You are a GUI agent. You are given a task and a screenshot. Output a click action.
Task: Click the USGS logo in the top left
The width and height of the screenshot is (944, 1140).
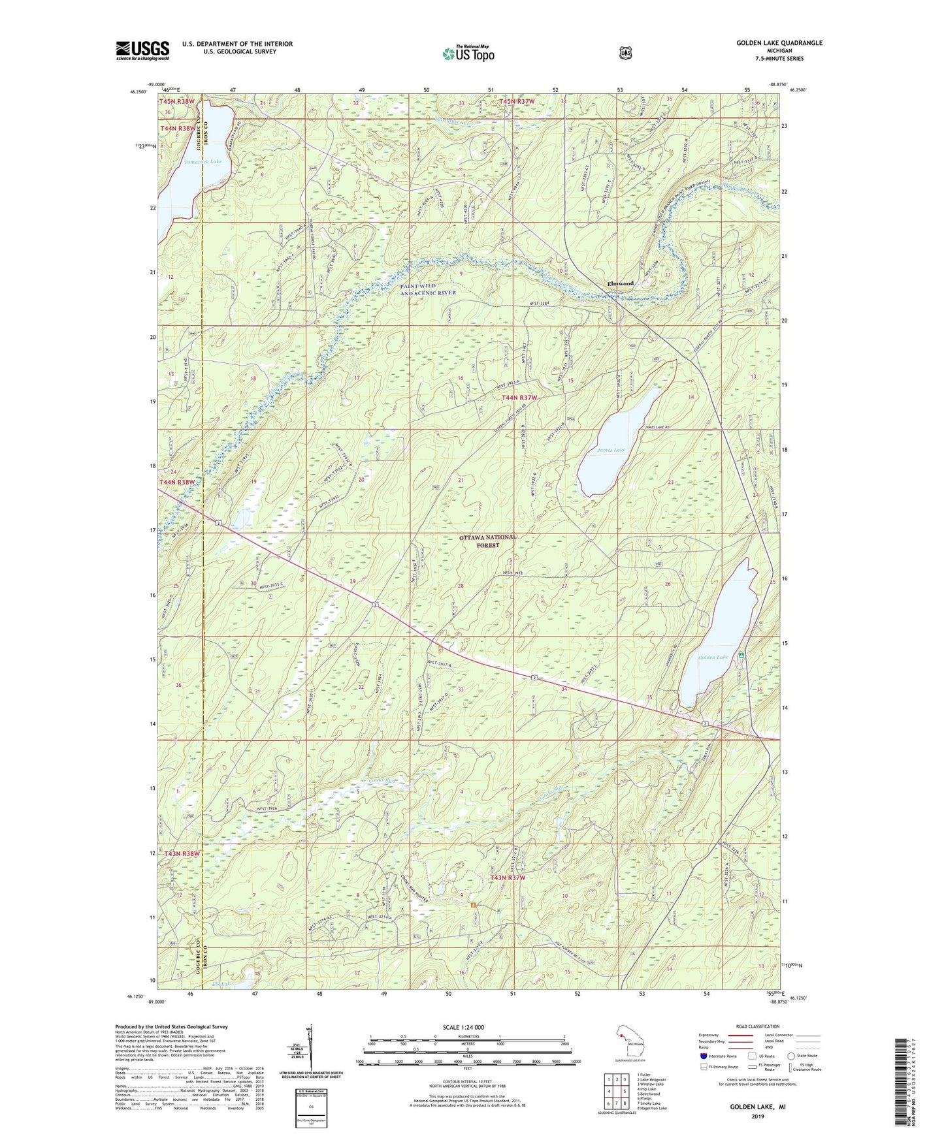(142, 50)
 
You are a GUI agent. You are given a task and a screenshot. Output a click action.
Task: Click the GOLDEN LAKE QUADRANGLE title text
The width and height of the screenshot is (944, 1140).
(779, 43)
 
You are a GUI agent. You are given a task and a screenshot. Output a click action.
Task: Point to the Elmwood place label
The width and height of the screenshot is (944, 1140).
(620, 283)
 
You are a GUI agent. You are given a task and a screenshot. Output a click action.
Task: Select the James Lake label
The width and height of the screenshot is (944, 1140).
(611, 450)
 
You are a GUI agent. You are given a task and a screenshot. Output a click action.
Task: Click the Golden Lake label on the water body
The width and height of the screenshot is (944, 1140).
(713, 657)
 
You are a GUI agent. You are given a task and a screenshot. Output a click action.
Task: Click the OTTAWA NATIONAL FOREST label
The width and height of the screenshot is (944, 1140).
(487, 541)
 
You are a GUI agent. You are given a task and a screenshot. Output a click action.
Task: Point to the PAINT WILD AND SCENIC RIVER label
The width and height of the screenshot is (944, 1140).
(428, 289)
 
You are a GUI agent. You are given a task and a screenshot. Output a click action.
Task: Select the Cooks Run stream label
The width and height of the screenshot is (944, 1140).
(382, 780)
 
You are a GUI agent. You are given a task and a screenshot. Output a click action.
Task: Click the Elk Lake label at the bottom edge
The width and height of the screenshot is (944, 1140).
(222, 984)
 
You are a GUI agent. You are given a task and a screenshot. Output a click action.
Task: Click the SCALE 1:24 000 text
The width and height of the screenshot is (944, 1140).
(463, 1027)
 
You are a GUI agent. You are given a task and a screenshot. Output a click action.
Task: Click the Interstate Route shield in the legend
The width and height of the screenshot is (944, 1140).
(703, 1055)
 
